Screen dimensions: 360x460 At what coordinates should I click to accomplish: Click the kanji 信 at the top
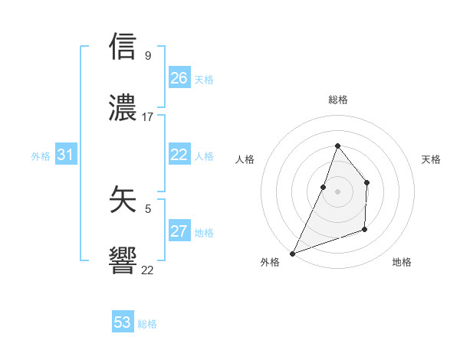point(123,47)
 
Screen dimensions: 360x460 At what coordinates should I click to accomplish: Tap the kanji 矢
point(123,200)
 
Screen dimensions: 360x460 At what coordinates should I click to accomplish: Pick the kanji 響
point(123,261)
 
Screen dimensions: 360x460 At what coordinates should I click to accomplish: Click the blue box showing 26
point(179,78)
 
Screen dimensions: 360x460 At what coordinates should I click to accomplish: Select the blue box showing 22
point(179,155)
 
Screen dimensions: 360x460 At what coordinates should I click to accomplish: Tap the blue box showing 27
point(179,231)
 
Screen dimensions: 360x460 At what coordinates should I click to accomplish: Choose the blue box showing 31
point(66,155)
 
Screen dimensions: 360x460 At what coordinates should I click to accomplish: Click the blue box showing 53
point(123,322)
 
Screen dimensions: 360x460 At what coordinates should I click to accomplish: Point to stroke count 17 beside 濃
point(148,117)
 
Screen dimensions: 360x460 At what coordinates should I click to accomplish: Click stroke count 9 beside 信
point(148,55)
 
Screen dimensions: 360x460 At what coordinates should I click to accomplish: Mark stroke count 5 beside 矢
point(148,208)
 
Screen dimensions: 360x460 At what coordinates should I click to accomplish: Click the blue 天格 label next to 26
point(204,79)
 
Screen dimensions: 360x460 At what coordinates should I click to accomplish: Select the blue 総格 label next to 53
point(147,324)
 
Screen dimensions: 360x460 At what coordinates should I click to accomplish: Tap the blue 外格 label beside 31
point(41,155)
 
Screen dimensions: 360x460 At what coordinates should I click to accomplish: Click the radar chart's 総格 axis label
point(338,100)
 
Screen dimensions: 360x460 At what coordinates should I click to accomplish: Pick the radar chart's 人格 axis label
point(245,159)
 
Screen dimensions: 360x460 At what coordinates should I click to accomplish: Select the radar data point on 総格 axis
point(337,146)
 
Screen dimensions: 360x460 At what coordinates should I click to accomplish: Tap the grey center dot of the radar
point(337,191)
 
